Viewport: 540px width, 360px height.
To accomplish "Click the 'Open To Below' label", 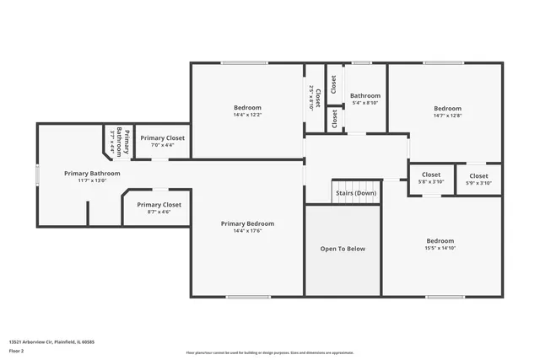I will pos(343,249).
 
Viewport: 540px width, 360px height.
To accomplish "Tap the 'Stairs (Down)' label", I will pos(356,192).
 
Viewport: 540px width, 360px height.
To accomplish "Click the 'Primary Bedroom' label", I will pos(247,223).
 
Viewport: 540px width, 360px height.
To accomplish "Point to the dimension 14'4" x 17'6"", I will pos(247,232).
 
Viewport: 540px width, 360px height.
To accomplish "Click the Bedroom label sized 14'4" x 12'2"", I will pos(247,107).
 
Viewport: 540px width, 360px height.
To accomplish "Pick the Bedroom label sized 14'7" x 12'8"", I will pos(447,108).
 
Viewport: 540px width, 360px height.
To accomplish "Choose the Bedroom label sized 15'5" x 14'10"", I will pos(440,240).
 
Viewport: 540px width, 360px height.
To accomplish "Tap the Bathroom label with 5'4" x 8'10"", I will pos(365,95).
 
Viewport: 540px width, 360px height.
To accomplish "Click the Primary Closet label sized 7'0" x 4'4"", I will pos(162,137).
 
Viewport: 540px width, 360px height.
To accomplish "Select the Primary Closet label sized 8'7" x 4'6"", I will pos(159,204).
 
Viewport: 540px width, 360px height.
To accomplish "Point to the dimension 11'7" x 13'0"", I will pos(92,180).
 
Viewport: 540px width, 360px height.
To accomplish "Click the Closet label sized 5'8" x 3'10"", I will pos(431,175).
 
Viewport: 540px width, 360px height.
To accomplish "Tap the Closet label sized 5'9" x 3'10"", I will pos(478,175).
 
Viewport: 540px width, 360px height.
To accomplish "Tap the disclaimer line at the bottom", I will pos(269,352).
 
